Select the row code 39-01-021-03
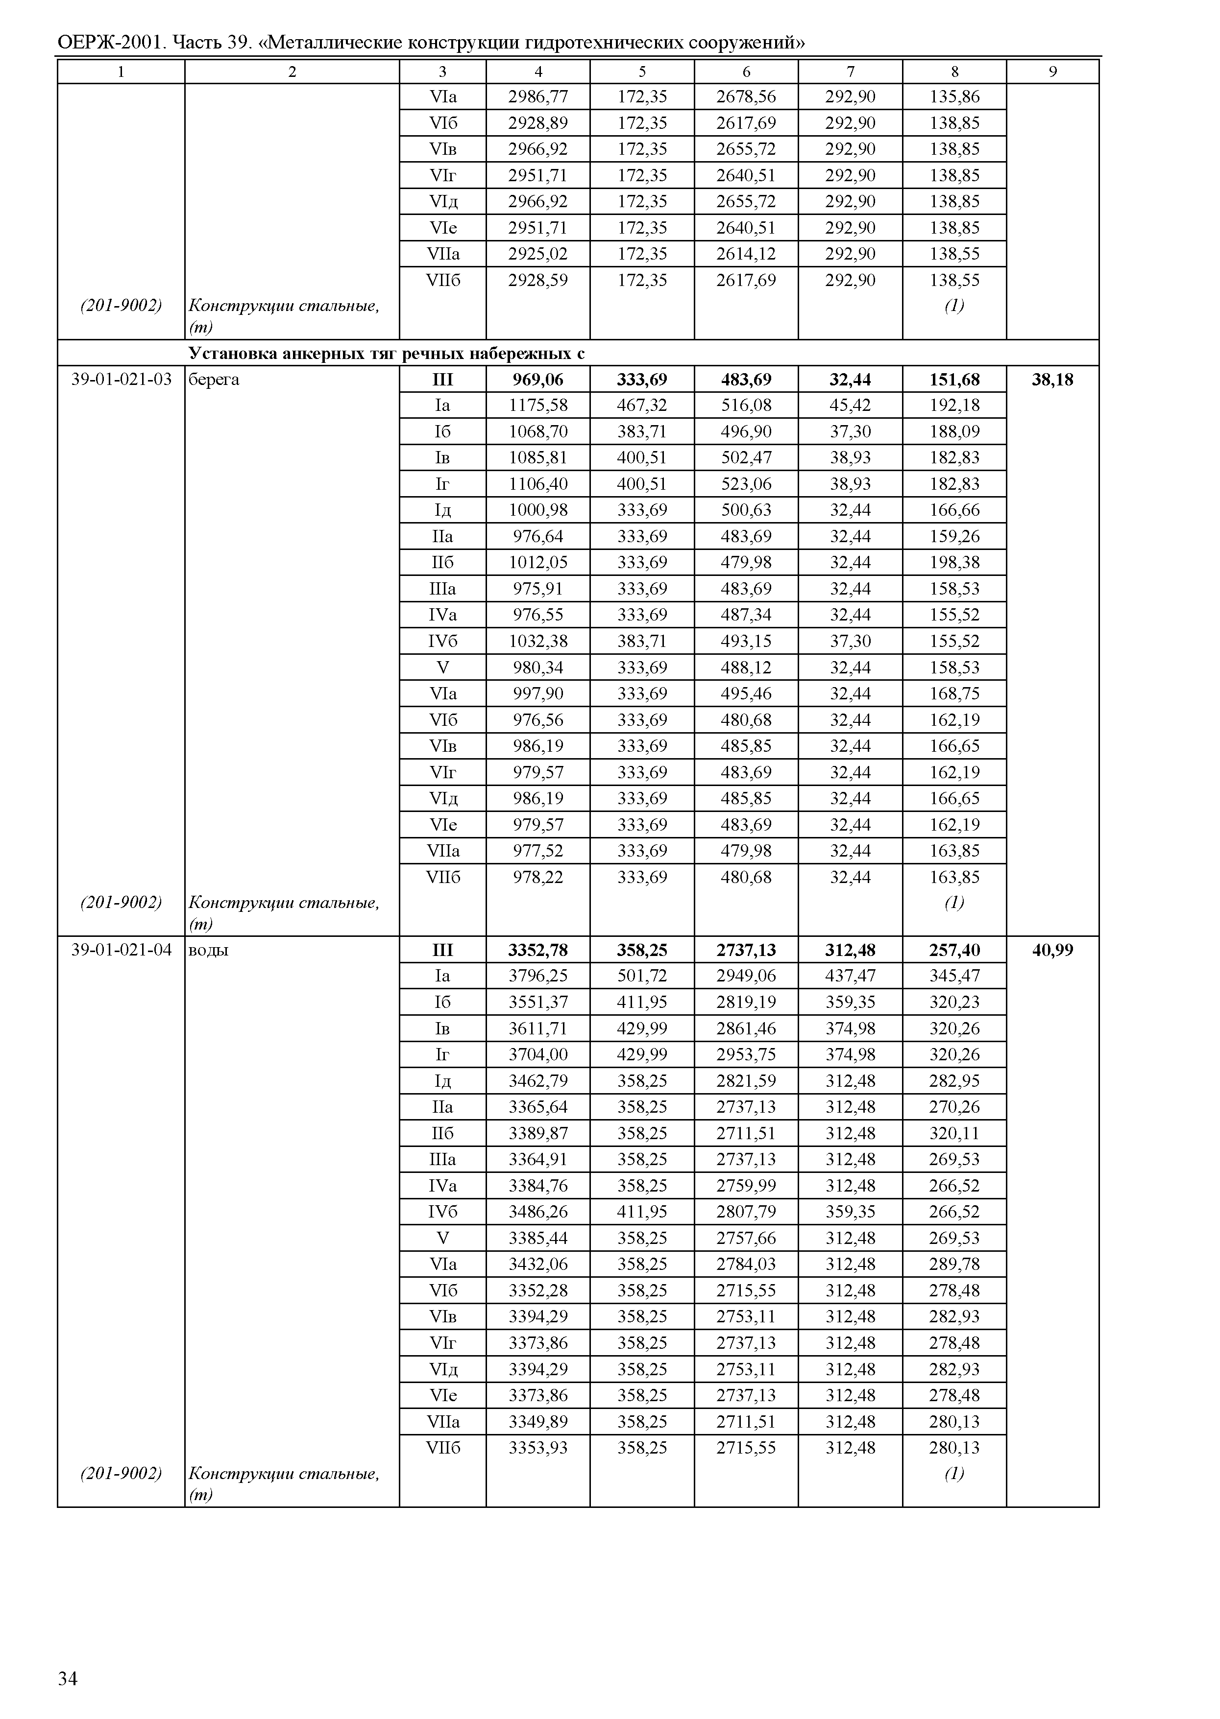pos(122,379)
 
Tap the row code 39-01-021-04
pos(122,950)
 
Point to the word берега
pos(214,379)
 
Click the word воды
pos(208,950)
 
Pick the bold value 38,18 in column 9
pos(1052,379)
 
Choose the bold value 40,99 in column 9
pos(1052,950)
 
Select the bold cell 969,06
pos(538,379)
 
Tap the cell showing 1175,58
pos(538,406)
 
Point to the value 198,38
pos(954,563)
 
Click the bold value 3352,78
pos(538,950)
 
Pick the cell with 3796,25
pos(538,976)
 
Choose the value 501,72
pos(642,976)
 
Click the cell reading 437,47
pos(851,976)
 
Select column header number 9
pos(1052,72)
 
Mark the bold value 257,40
pos(954,950)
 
